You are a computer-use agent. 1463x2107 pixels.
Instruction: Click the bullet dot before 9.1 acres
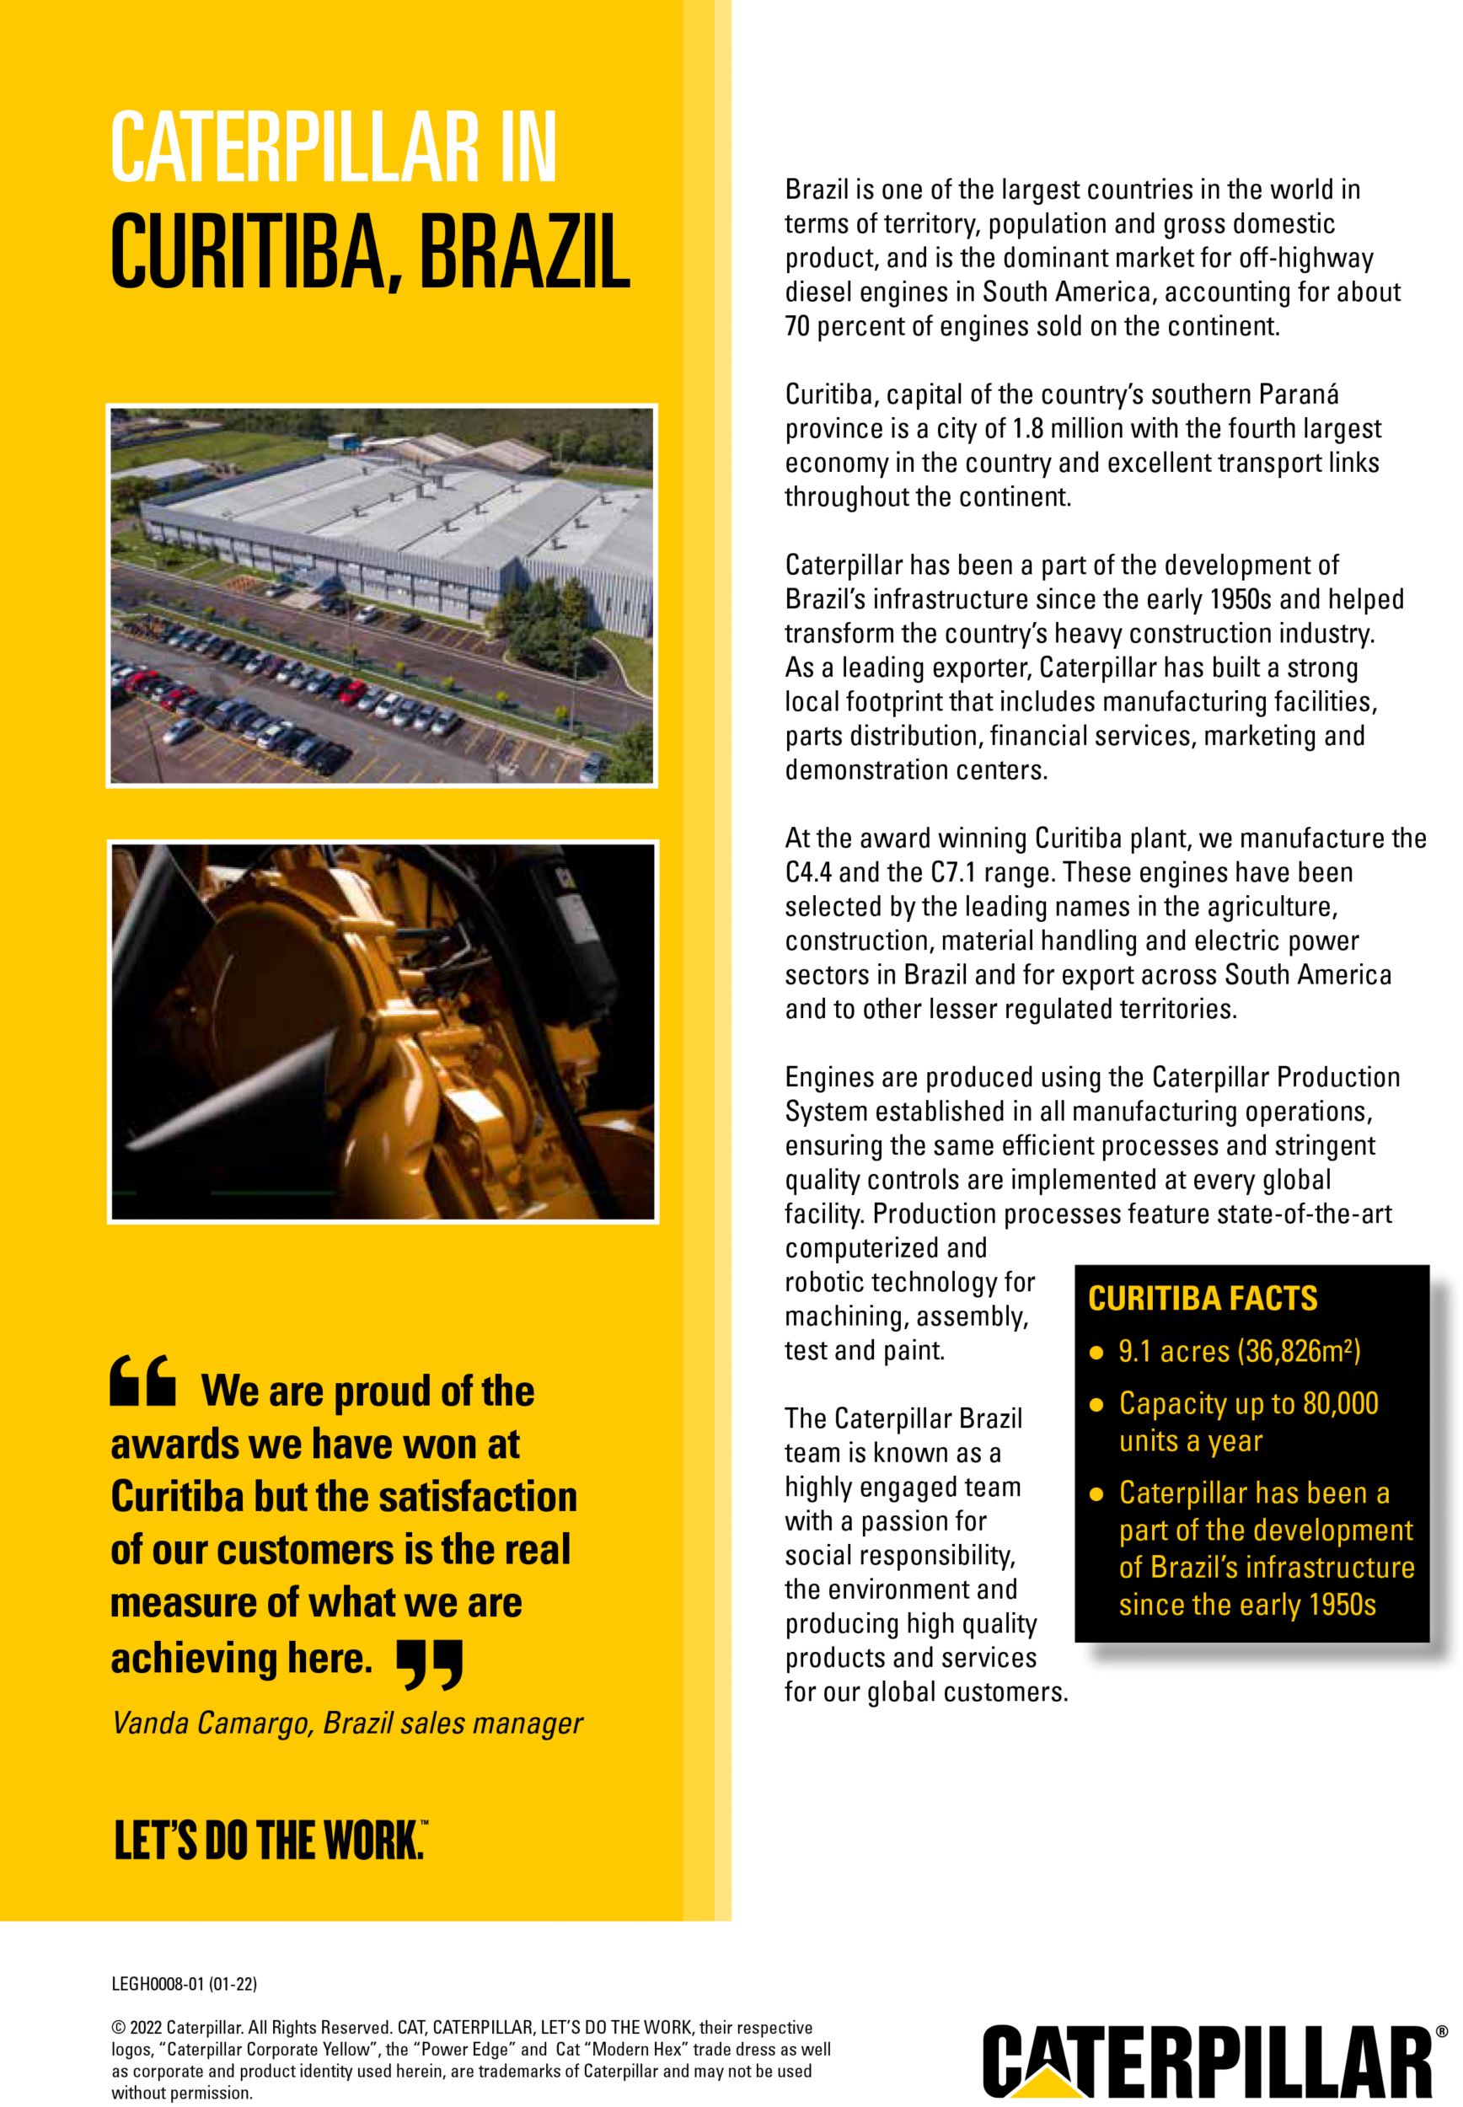tap(1096, 1354)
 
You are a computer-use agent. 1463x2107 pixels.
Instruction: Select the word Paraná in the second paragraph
tap(1303, 395)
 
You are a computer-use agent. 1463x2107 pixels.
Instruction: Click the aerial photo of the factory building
tap(383, 594)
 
